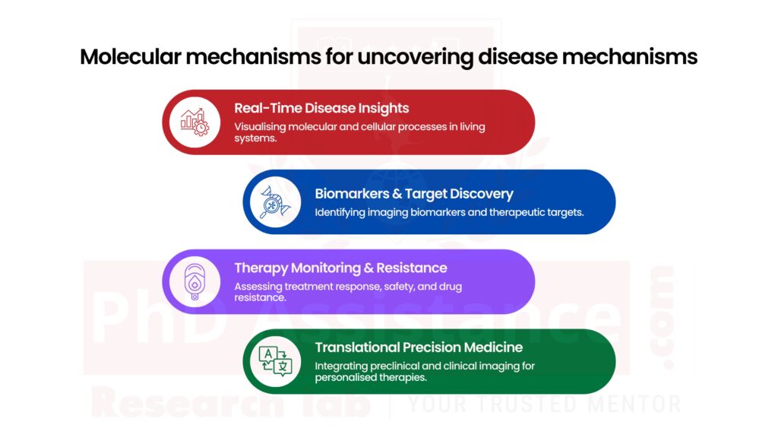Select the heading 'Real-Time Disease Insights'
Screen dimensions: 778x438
point(321,108)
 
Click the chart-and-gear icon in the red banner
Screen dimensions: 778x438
point(194,122)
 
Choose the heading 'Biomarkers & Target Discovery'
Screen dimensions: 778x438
point(414,193)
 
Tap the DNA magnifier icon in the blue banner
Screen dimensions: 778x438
point(275,202)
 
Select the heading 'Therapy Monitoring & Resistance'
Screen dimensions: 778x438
point(340,268)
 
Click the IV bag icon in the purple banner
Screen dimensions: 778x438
point(194,281)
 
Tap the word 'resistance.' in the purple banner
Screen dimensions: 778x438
point(260,298)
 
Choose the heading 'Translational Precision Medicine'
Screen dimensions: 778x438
point(419,348)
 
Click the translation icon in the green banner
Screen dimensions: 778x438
point(275,360)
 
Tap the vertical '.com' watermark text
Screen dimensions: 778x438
point(662,318)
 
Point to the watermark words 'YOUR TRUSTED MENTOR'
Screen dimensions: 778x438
point(544,404)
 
